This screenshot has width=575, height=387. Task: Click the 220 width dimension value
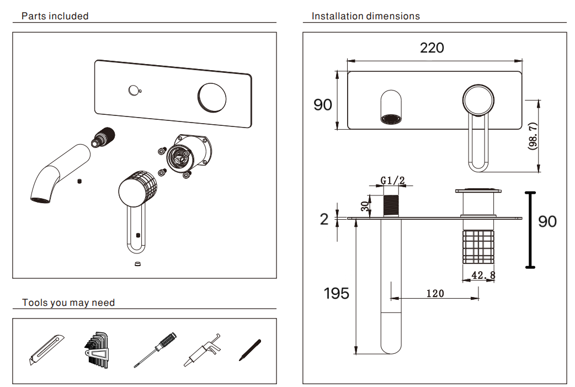tap(432, 48)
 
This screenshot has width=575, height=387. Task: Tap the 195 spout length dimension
tap(337, 293)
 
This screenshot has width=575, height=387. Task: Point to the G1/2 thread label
tap(393, 180)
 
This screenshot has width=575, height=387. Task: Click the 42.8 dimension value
tap(483, 274)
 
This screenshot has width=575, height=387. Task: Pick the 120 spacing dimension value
tap(435, 294)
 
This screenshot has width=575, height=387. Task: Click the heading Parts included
tap(55, 16)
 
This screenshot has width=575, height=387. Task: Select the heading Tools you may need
tap(68, 303)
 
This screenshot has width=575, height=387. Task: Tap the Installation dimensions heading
tap(365, 16)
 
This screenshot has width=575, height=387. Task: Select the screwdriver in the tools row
tap(155, 349)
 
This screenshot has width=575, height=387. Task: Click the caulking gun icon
tap(203, 352)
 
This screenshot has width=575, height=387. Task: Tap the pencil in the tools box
tap(249, 350)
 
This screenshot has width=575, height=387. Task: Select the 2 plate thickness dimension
tap(324, 219)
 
